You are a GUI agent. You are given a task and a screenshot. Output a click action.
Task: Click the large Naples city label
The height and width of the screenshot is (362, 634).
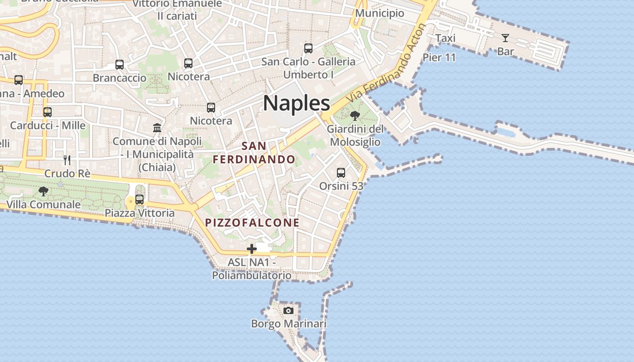(x=297, y=103)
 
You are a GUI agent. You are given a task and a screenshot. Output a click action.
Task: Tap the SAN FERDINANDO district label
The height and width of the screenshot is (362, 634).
(x=254, y=153)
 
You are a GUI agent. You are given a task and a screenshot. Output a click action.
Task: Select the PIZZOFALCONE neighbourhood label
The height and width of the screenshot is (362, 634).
(x=252, y=223)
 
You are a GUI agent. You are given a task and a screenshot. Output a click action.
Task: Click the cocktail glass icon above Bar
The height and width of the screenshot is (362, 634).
(x=505, y=38)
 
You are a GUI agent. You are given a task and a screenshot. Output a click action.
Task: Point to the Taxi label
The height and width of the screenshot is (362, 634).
(x=445, y=38)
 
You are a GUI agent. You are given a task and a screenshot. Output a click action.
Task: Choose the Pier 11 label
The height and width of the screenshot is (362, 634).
(x=439, y=57)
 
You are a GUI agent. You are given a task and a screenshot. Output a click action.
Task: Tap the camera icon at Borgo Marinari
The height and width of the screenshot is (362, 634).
(x=288, y=310)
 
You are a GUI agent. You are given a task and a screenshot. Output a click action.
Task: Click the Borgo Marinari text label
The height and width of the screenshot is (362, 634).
(x=288, y=324)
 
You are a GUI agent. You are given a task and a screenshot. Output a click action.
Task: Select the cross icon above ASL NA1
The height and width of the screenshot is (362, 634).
(x=252, y=248)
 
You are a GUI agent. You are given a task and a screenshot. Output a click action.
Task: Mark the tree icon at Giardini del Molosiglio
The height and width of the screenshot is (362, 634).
(x=355, y=116)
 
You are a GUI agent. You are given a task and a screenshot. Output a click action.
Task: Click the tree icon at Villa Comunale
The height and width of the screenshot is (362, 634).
(x=43, y=191)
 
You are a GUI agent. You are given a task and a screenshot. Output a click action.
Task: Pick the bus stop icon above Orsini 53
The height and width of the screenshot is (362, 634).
(x=341, y=173)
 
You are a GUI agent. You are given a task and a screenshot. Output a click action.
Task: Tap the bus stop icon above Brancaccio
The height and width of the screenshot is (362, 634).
(x=120, y=65)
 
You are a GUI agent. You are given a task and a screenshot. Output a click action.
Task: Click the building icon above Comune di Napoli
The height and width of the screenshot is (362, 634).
(x=157, y=128)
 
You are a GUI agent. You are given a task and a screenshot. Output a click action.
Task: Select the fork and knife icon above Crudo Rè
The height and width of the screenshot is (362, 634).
(x=67, y=160)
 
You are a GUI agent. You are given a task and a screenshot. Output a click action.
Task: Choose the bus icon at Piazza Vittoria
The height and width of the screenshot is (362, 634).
(x=139, y=199)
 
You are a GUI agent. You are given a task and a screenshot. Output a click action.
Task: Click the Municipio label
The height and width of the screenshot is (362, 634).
(x=379, y=13)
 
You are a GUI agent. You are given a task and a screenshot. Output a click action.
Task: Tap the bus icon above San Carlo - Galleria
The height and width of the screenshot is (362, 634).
(x=308, y=48)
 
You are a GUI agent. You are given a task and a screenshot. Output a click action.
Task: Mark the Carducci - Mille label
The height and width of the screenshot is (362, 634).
(x=48, y=125)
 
